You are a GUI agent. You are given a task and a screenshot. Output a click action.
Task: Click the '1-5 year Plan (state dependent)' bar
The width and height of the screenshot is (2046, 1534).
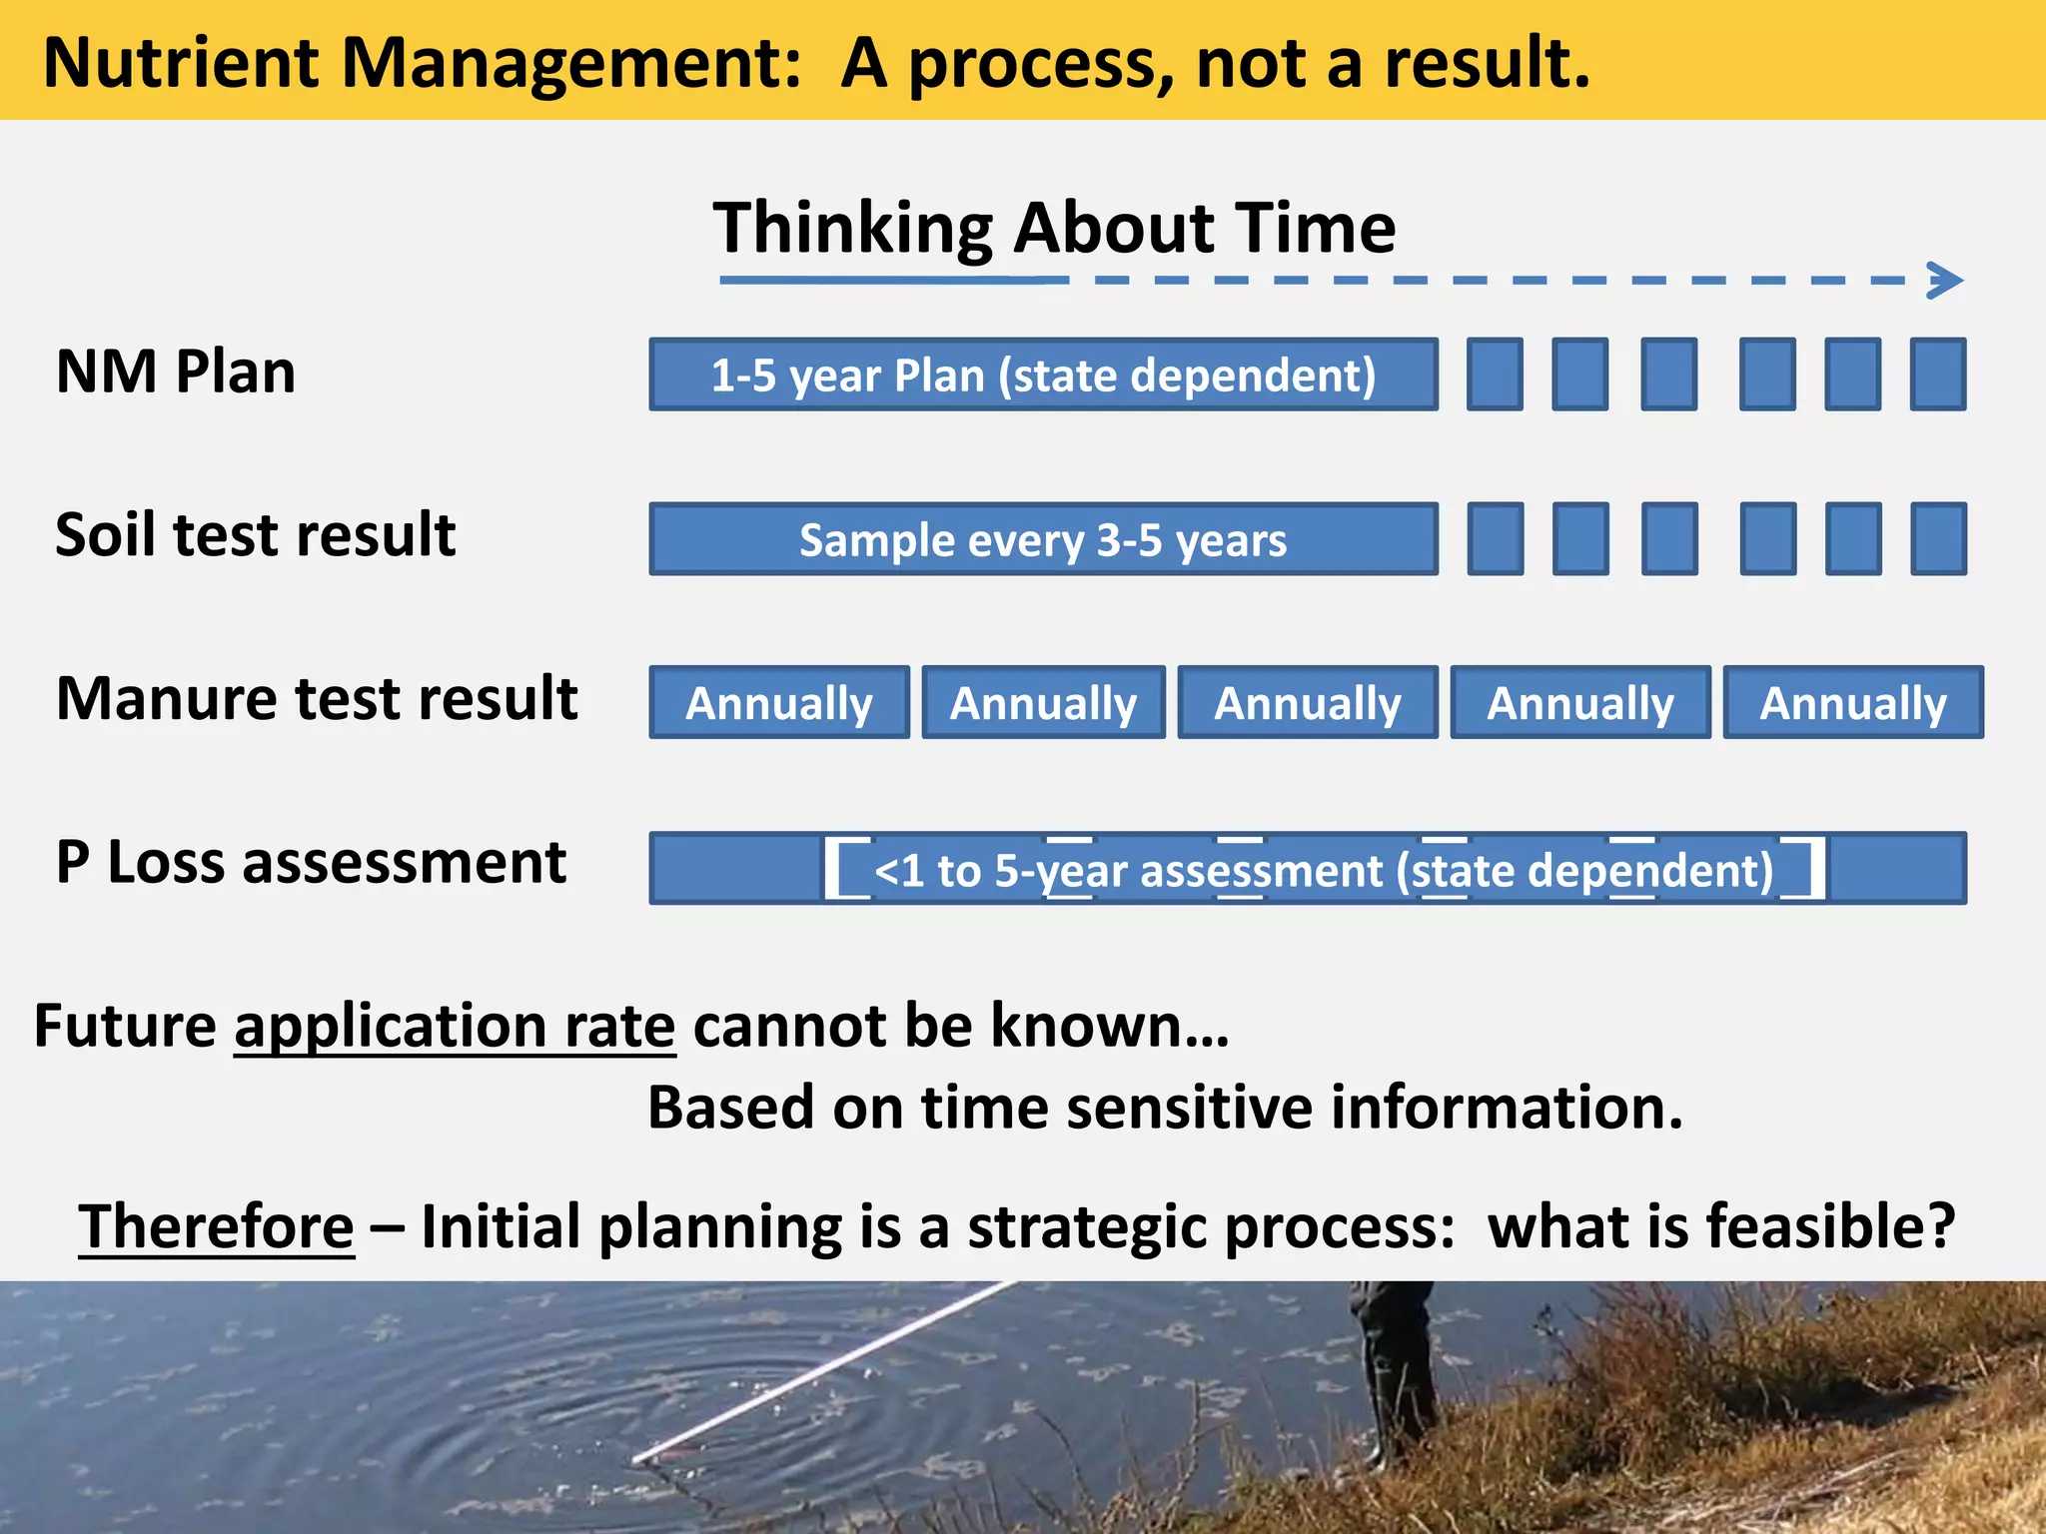pos(1043,375)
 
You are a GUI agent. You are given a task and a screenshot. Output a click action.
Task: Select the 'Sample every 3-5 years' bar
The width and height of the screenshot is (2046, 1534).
pos(1043,539)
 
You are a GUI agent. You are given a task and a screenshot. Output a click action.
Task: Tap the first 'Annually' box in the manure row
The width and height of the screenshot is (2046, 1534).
pos(779,703)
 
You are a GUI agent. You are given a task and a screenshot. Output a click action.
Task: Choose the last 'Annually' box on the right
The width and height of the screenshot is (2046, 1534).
pos(1853,703)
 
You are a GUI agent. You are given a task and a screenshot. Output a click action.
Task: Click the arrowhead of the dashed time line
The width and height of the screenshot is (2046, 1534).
pos(1946,281)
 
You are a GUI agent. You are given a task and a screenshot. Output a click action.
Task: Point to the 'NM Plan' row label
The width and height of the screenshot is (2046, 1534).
pos(176,372)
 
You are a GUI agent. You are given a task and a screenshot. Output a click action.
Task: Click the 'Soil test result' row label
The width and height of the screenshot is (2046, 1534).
pos(256,534)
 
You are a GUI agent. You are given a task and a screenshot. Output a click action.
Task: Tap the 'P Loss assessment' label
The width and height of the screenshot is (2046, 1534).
pos(311,862)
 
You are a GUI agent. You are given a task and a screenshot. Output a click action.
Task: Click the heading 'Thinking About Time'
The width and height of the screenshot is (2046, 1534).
pos(1054,228)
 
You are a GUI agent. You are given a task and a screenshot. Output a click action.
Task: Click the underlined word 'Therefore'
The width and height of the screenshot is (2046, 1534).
pos(217,1225)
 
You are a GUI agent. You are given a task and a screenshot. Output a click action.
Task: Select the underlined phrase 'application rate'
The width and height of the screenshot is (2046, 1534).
pos(455,1026)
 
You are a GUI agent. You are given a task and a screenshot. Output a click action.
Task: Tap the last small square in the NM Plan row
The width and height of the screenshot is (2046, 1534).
pos(1938,375)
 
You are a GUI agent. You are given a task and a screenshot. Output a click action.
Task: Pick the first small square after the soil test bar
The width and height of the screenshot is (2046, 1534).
pos(1496,539)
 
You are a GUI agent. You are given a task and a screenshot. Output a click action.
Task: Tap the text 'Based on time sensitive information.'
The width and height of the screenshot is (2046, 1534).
pos(1165,1108)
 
